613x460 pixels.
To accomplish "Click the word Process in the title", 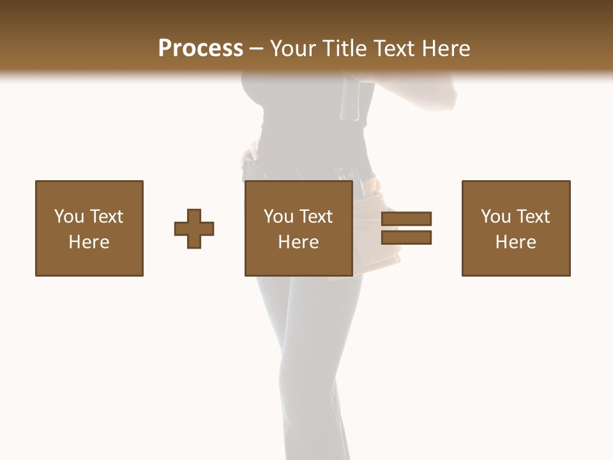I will (x=201, y=49).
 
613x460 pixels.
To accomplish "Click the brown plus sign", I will (x=194, y=229).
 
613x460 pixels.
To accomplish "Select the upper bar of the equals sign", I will (x=406, y=218).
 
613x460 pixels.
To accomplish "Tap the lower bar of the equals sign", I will (x=406, y=238).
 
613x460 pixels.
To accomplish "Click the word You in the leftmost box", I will (x=69, y=217).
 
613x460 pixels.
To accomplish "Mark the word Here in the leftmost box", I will (x=89, y=242).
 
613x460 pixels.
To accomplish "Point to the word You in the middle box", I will (x=278, y=217).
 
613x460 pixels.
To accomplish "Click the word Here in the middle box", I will (x=298, y=242).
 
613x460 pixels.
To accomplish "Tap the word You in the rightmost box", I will (x=496, y=217).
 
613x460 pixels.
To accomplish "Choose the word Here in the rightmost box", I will (x=515, y=242).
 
